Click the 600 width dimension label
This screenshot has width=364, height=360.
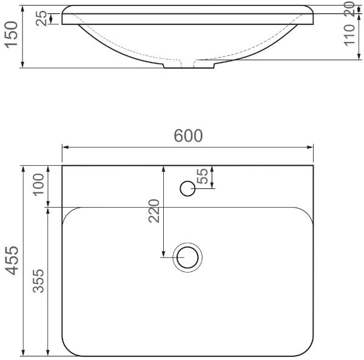tap(188, 135)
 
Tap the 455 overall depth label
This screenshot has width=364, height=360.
tap(12, 260)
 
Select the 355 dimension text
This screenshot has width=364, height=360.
tap(38, 281)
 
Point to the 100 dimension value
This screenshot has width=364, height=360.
tap(38, 185)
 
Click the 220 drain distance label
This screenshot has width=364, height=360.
tap(154, 211)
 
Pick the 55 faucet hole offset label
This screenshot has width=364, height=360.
tap(202, 176)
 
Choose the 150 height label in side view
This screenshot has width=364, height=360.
tap(12, 35)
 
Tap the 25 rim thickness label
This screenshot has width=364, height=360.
tap(41, 19)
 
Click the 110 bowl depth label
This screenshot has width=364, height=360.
tap(349, 35)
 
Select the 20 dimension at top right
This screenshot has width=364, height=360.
tap(349, 9)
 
